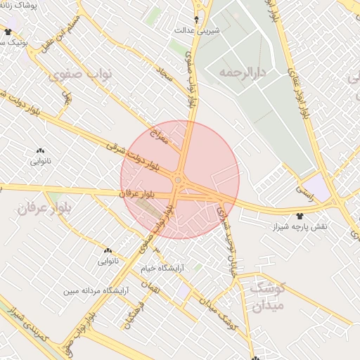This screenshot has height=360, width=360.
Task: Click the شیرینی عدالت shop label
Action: pyautogui.click(x=198, y=31)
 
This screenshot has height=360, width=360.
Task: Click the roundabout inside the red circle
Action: pyautogui.click(x=179, y=181)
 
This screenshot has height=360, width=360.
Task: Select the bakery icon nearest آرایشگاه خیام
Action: pyautogui.click(x=108, y=250)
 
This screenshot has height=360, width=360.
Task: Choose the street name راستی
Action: pyautogui.click(x=307, y=188)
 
